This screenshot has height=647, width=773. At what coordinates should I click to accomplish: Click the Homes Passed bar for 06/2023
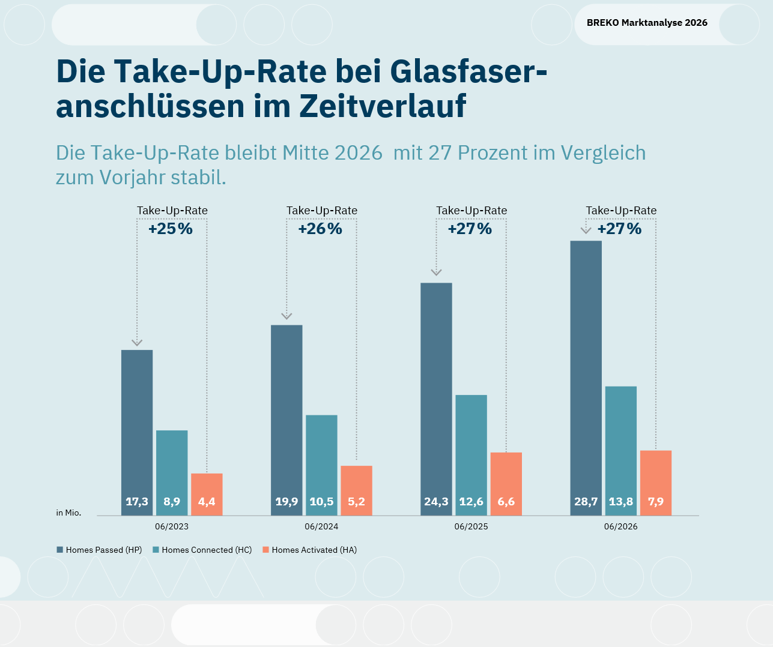point(137,433)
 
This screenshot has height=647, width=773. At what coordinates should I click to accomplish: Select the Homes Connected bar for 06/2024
point(321,465)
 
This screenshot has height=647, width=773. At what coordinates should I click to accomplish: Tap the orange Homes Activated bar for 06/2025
point(506,484)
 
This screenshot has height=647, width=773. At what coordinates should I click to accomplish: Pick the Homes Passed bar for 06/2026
point(586,378)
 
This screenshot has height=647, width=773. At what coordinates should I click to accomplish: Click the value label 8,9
point(172,502)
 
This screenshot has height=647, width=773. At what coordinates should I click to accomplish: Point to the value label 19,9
point(286,502)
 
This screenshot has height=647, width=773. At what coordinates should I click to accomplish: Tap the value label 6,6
point(506,502)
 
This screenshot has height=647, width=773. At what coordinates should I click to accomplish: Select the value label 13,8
point(621,502)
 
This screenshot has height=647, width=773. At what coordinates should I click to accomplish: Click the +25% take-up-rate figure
point(171,229)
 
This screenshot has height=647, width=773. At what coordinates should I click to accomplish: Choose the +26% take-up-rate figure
point(320,229)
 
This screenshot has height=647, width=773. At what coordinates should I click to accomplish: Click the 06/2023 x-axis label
point(172,526)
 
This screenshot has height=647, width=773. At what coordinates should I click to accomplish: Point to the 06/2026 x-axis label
point(621,526)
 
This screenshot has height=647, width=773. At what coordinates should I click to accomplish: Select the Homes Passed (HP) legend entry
point(99,550)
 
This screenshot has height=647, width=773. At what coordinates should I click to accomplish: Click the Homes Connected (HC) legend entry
point(202,550)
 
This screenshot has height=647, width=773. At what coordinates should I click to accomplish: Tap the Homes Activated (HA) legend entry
point(309,550)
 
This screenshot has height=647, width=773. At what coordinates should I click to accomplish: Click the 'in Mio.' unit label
point(68,513)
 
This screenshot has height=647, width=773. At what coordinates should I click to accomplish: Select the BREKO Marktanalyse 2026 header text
point(647,23)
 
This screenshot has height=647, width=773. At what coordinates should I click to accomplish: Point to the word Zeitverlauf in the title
point(383,106)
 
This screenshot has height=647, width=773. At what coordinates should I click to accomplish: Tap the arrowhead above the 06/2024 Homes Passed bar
point(286,316)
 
